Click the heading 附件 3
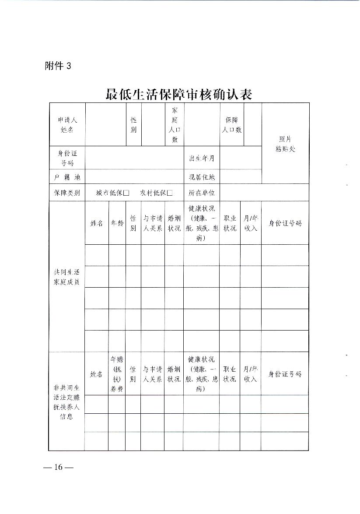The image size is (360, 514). tap(58, 66)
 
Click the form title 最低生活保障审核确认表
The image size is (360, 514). tap(179, 94)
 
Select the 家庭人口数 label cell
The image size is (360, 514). tap(175, 125)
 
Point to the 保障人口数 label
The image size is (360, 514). tap(231, 125)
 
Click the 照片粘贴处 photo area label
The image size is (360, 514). tap(285, 144)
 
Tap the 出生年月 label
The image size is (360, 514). tap(202, 158)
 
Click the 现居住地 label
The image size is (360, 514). tap(202, 177)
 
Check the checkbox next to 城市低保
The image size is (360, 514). tap(126, 193)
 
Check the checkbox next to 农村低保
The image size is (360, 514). tap(170, 193)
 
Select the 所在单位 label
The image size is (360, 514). tap(202, 193)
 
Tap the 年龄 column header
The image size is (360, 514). tap(117, 223)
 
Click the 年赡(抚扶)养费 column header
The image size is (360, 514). tap(117, 374)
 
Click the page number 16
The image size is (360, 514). tap(59, 467)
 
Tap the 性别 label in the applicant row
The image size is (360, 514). tap(133, 125)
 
